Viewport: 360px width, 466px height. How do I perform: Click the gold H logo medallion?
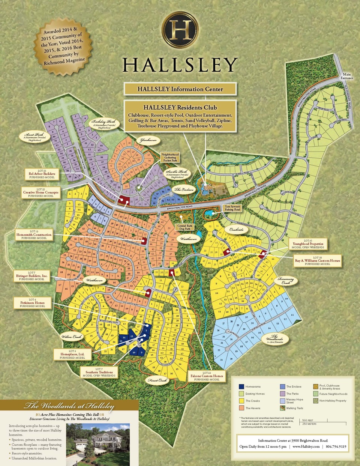point(180,30)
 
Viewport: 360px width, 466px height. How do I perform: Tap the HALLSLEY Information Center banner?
point(180,89)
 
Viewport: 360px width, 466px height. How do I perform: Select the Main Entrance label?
point(347,76)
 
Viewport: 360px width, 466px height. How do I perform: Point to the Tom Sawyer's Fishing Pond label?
point(232,208)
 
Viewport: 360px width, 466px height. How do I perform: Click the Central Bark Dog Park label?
point(185,227)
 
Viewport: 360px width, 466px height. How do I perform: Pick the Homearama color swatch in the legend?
point(241,386)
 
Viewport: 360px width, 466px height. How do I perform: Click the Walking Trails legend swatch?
point(282,408)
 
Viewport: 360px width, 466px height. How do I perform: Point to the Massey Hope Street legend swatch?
point(282,401)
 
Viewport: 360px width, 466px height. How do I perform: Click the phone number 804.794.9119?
point(336,446)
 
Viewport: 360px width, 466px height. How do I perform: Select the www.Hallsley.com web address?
point(306,446)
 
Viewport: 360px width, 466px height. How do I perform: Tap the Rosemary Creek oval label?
point(286,281)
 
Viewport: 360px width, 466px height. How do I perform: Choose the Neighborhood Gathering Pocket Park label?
point(170,157)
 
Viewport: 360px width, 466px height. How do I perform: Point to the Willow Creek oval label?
point(72,337)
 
